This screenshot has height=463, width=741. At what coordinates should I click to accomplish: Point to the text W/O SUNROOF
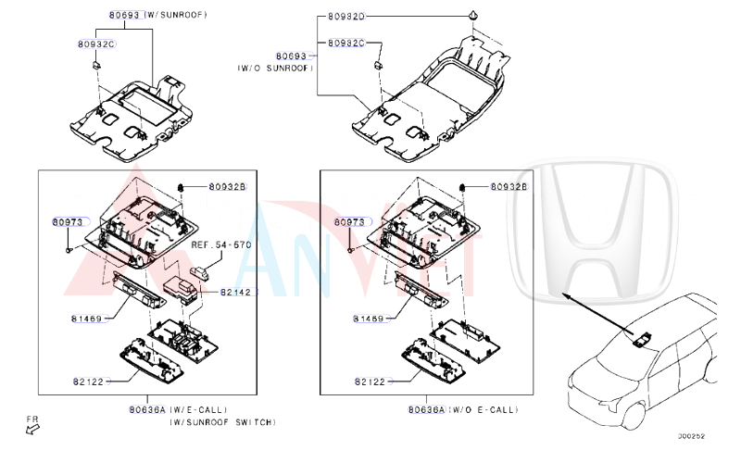[x=275, y=68]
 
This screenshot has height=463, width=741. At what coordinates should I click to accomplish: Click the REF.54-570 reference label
[x=220, y=245]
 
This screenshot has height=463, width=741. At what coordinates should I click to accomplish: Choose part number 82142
[x=236, y=292]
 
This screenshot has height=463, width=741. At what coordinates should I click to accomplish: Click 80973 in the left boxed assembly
[x=68, y=222]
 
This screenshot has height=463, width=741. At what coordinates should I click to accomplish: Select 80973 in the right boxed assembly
[x=350, y=222]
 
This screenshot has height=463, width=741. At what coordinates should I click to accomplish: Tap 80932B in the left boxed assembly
[x=227, y=187]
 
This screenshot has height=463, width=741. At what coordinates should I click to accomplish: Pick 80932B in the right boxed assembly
[x=508, y=187]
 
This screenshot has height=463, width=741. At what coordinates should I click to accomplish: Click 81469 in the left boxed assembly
[x=87, y=319]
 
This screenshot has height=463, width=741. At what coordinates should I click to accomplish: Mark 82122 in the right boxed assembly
[x=370, y=381]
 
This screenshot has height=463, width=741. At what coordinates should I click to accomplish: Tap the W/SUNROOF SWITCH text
[x=221, y=421]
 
